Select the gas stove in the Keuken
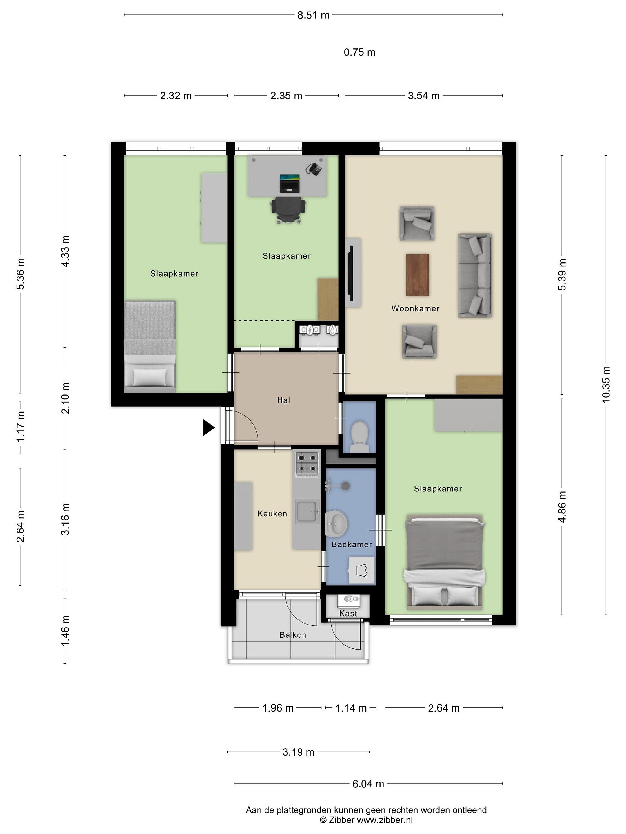[307, 463]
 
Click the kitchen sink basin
[307, 511]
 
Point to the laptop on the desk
[290, 183]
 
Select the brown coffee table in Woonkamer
[417, 275]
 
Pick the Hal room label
[283, 400]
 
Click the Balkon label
[292, 635]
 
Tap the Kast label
[348, 613]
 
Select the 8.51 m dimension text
[313, 15]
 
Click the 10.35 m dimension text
[606, 384]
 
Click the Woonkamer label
[415, 308]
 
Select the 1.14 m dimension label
[351, 708]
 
